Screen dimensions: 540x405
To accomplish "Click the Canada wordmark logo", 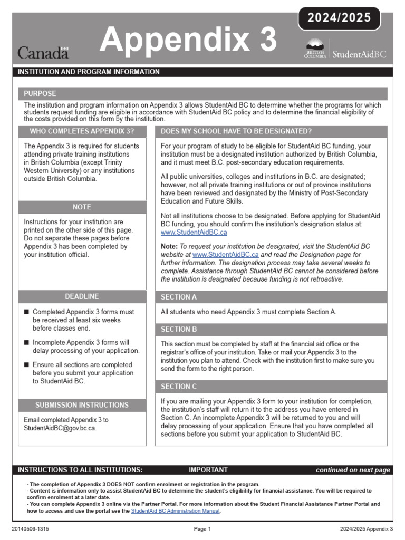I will (43, 52).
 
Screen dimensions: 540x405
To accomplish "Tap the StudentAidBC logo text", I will (359, 54).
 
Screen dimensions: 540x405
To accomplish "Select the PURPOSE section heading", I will (40, 94).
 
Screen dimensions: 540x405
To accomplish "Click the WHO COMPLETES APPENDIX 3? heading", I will (82, 131).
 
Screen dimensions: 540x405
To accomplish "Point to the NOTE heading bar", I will (82, 207).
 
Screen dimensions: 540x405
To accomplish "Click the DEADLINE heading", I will (82, 297).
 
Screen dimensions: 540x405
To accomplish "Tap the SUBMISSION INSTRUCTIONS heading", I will (82, 406).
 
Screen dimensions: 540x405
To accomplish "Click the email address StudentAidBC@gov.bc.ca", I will (60, 428).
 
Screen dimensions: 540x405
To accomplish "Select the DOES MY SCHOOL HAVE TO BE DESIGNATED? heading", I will (236, 131).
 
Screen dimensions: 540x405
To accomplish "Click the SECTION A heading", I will (179, 297).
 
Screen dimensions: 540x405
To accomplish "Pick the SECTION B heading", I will (179, 330).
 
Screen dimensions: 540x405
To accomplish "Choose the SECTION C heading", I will (179, 387).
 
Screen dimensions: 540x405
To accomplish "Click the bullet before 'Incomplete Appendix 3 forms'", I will (27, 343).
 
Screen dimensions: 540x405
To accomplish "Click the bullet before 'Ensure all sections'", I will (27, 365).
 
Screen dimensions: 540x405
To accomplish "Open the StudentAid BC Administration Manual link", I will (175, 511).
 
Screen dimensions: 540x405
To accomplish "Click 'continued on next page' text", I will (353, 470).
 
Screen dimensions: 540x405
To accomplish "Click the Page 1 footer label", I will (202, 529).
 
